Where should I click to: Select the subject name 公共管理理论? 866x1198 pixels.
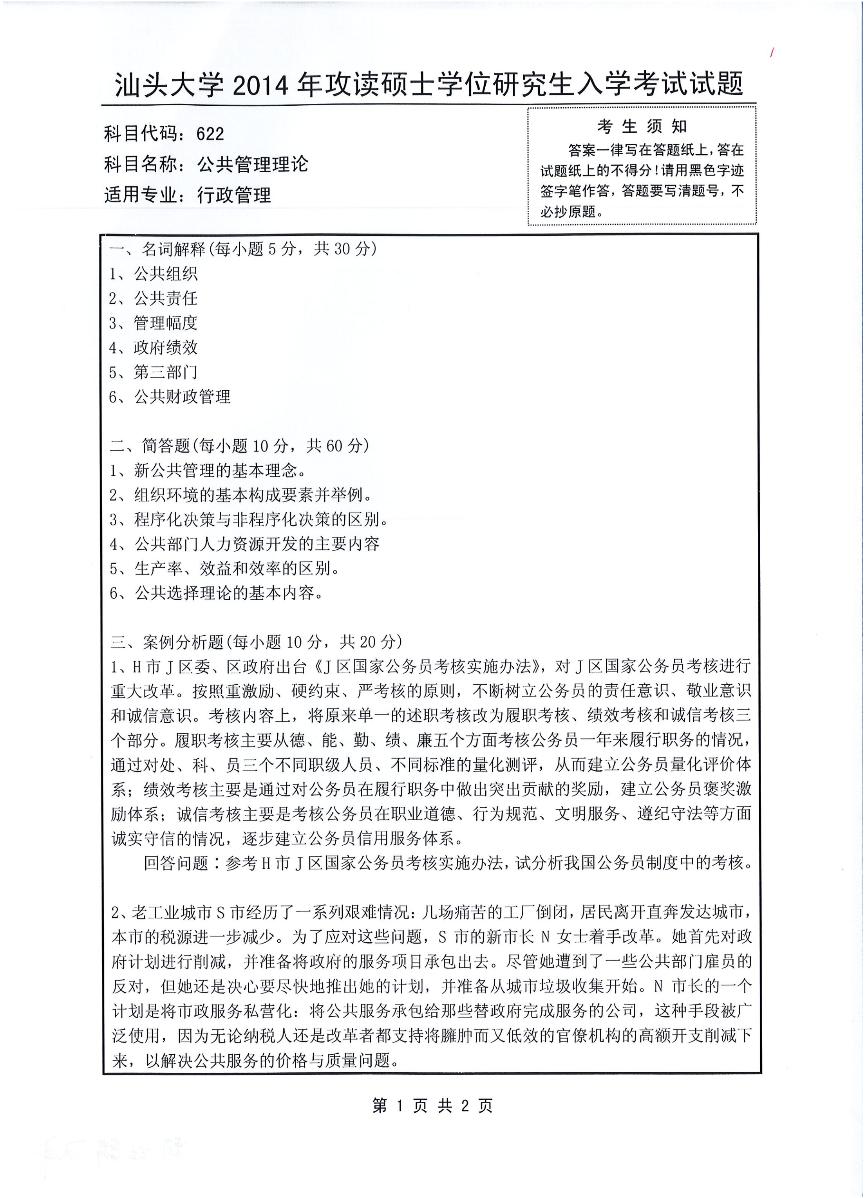(x=253, y=165)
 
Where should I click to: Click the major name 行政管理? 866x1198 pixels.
(x=234, y=195)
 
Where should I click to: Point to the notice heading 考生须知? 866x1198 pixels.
(x=642, y=127)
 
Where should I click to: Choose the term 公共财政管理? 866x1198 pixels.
(x=182, y=397)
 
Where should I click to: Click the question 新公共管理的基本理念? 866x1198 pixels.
(x=220, y=471)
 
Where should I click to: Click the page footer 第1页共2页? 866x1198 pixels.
(x=432, y=1106)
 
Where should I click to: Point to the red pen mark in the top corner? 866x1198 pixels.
(x=772, y=52)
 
